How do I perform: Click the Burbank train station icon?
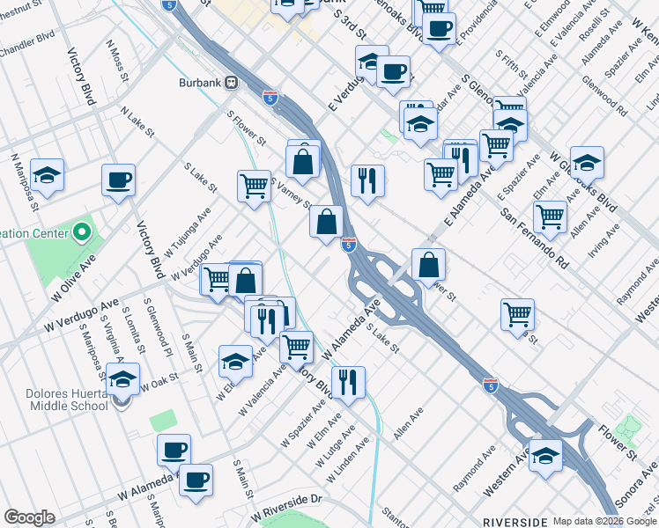pos(232,82)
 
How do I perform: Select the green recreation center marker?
pos(82,233)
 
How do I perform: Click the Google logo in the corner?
pos(29,517)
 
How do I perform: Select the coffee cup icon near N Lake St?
pos(118,180)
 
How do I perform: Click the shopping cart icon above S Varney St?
pos(255,186)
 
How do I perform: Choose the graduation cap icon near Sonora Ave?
pos(546,455)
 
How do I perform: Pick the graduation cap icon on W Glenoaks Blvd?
pos(587,163)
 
